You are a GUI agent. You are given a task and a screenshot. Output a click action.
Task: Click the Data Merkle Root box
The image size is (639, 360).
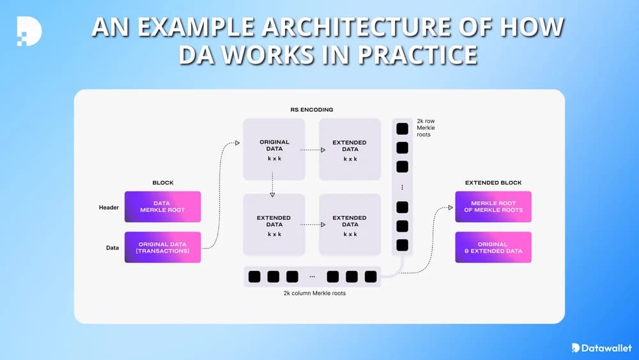tap(162, 207)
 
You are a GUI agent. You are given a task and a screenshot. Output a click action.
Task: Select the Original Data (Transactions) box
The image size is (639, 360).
tap(162, 247)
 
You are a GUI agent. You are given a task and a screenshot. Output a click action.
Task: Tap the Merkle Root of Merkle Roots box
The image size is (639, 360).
tap(493, 207)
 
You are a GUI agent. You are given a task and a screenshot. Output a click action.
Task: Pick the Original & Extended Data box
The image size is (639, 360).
tap(493, 247)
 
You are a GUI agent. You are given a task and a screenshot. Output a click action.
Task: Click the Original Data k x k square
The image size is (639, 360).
tap(274, 149)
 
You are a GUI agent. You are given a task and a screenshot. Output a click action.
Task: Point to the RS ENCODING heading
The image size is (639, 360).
tap(311, 109)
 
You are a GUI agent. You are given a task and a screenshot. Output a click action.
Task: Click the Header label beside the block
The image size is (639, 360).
tap(109, 207)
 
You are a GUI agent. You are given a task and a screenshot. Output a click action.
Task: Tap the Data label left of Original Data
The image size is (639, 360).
tap(112, 247)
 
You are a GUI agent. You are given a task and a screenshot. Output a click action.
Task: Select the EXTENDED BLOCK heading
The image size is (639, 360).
tap(493, 183)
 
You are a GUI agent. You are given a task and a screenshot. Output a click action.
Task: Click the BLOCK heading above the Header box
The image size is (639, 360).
tap(162, 183)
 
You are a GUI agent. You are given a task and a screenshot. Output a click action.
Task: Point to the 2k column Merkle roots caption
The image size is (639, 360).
tap(311, 293)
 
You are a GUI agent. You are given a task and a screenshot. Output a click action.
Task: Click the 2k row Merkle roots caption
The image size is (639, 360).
tap(426, 127)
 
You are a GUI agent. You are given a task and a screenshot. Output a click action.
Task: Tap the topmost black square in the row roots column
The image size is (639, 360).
tap(402, 129)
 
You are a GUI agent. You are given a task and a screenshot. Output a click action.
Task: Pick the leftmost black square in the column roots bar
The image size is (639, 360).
tap(254, 277)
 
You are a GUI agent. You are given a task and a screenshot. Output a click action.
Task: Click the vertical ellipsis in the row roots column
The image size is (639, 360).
tap(402, 187)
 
